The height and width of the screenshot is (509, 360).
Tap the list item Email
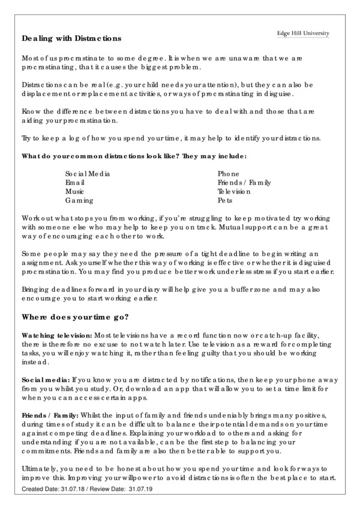coord(75,182)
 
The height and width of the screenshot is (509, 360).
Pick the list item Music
coord(75,191)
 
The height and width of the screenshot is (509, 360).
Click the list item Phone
coord(229,173)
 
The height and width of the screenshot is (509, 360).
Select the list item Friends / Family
coord(244,182)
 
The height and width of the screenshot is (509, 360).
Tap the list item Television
coord(234,191)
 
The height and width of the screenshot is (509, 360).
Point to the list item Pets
coord(224,200)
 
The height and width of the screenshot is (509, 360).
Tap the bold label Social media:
coord(46,380)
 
